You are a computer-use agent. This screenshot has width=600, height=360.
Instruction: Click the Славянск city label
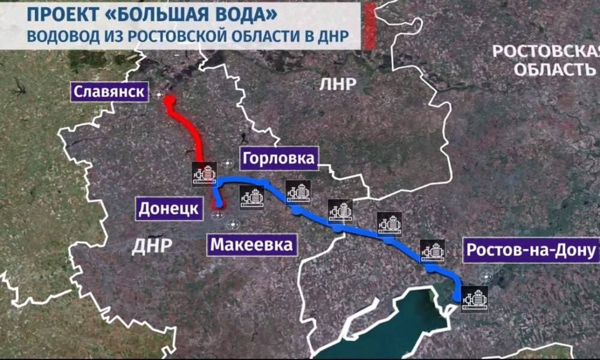click(110, 92)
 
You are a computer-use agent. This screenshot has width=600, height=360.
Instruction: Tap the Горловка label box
click(278, 158)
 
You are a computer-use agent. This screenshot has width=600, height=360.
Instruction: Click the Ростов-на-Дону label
click(530, 249)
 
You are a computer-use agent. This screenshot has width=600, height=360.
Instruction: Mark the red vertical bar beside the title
click(370, 25)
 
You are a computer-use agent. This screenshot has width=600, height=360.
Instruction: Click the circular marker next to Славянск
click(159, 95)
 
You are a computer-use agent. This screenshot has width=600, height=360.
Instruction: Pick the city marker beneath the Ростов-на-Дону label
click(485, 277)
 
